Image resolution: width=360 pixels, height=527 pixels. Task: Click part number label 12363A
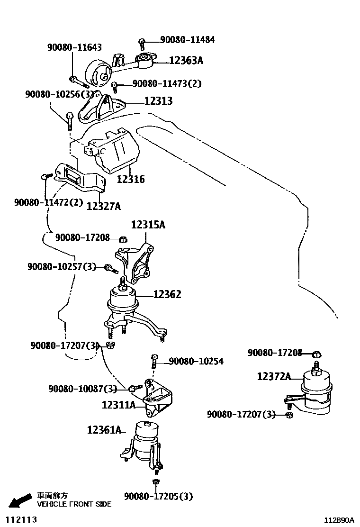pos(186,60)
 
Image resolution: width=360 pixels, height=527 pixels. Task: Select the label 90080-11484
pos(187,40)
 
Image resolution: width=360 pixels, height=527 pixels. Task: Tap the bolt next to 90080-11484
pos(142,44)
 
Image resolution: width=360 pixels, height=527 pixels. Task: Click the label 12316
pos(131,179)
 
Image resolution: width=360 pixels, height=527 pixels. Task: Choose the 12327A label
pos(103,206)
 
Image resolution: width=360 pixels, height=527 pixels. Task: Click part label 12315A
pos(148,225)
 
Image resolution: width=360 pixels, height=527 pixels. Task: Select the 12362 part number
pos(167,295)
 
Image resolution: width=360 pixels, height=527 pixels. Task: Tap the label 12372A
pos(274,376)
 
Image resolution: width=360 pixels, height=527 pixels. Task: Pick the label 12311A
pos(118,405)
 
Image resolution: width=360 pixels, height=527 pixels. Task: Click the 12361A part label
pos(104,430)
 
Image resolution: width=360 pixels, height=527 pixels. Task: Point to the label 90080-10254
pos(196,362)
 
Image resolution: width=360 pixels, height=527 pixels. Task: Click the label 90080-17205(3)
pos(159,496)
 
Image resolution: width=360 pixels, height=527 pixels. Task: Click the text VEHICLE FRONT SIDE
pos(74,504)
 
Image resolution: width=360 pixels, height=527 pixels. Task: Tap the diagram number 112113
pos(20,519)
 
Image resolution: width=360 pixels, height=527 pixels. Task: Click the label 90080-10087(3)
pos(82,389)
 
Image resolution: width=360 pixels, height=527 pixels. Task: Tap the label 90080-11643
pos(74,47)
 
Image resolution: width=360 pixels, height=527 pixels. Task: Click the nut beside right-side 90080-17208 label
pos(318,354)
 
